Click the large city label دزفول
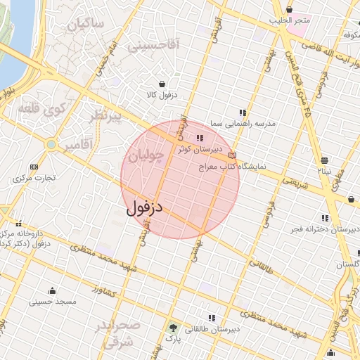pos(146,208)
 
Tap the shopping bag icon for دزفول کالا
pos(162,83)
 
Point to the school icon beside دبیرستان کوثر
pos(200,138)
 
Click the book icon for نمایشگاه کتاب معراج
pos(233,155)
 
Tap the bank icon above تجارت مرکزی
pos(34,167)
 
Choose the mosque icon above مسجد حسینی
pos(51,290)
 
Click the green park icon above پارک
pos(173,327)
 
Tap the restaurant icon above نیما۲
pos(324,159)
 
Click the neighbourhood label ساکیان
pos(86,25)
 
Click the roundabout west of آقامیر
pos(51,144)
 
